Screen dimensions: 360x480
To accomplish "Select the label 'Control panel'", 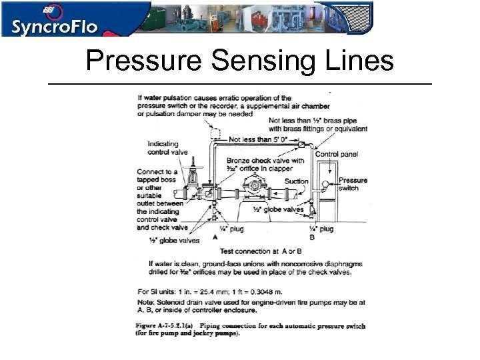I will pyautogui.click(x=336, y=154).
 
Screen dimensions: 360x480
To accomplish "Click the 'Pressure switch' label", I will pyautogui.click(x=353, y=184).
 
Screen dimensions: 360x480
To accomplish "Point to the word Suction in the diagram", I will pyautogui.click(x=296, y=181).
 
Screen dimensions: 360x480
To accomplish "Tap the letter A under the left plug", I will pyautogui.click(x=215, y=237).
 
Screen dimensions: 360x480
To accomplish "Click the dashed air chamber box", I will pyautogui.click(x=216, y=133).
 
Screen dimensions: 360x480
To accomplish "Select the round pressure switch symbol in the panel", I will pyautogui.click(x=326, y=183).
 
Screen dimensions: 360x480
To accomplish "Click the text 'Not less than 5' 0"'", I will pyautogui.click(x=258, y=139).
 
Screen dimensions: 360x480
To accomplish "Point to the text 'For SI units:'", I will pyautogui.click(x=158, y=291).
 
